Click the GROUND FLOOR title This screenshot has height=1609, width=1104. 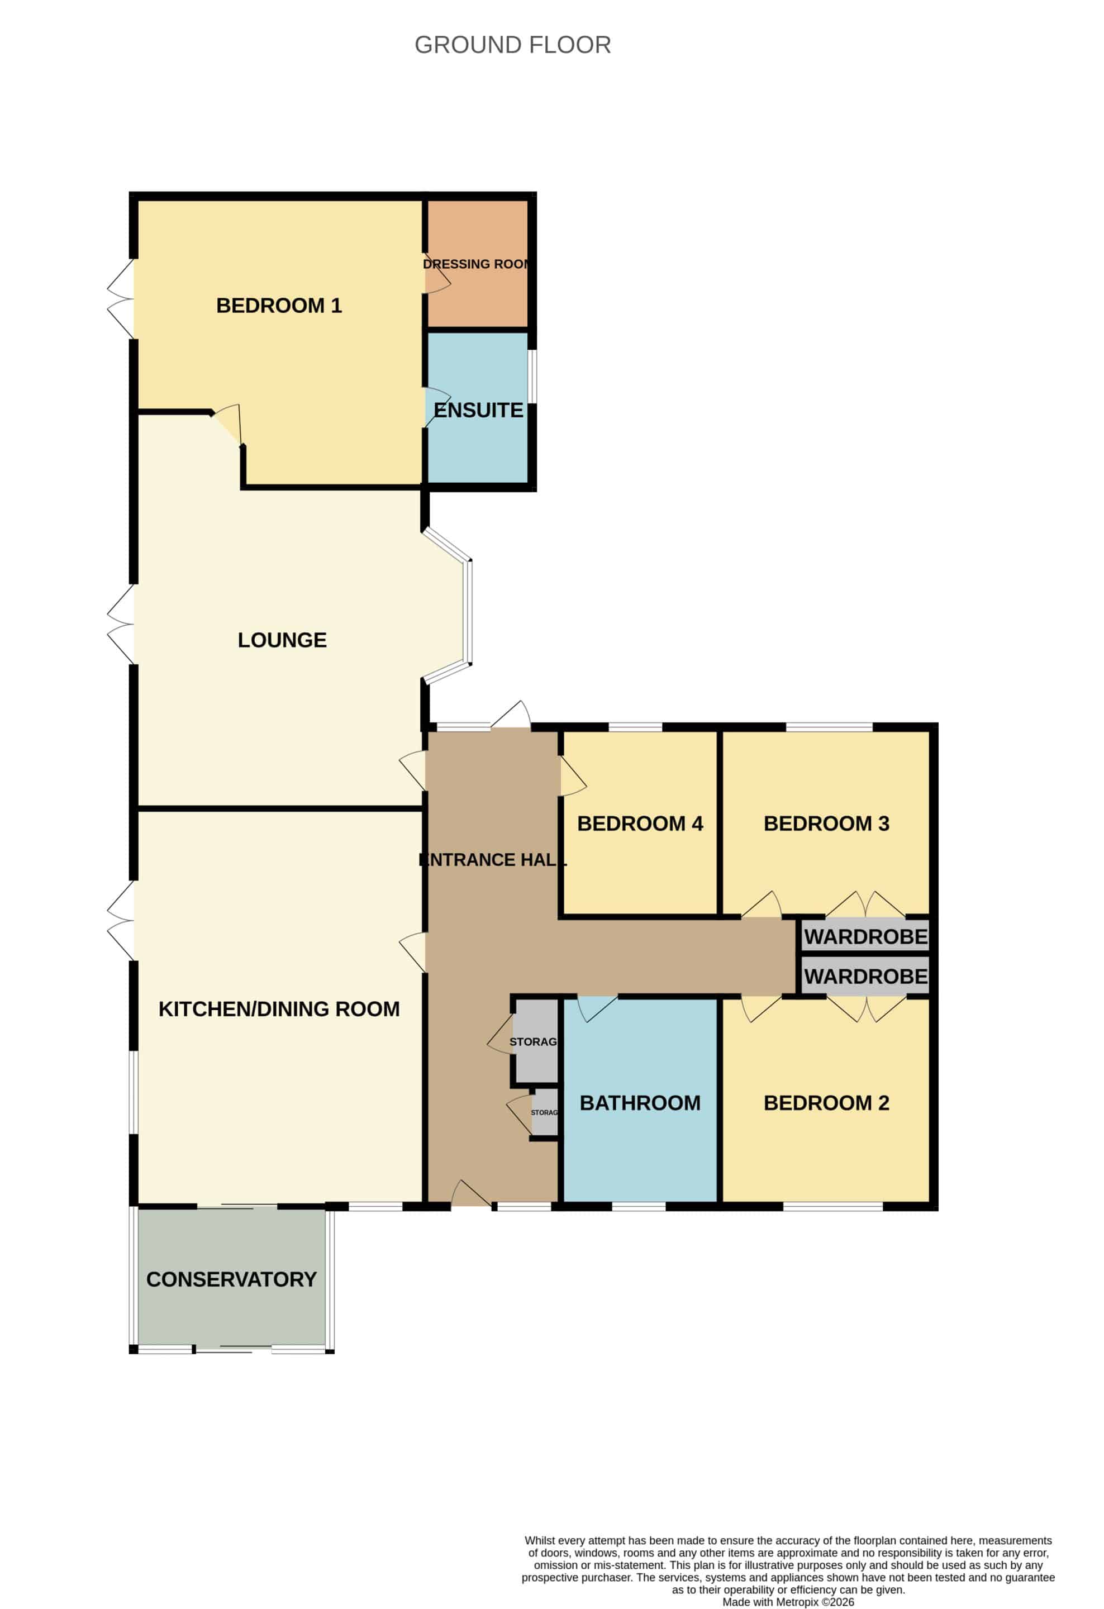512,45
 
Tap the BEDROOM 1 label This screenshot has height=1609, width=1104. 279,306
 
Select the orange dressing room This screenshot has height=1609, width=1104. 478,263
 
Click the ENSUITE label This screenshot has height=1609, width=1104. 478,410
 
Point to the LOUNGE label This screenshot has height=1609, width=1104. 282,640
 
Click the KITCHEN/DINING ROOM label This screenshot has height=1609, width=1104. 279,1009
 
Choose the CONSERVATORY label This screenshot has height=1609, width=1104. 231,1279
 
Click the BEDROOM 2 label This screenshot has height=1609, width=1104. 826,1103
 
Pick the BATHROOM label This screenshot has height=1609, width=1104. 640,1103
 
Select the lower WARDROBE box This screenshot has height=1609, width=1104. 865,976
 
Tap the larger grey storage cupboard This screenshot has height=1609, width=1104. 536,1041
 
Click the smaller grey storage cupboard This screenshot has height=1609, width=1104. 545,1112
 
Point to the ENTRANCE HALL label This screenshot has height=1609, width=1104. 493,860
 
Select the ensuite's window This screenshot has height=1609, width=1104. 532,377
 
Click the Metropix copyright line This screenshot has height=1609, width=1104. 788,1601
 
